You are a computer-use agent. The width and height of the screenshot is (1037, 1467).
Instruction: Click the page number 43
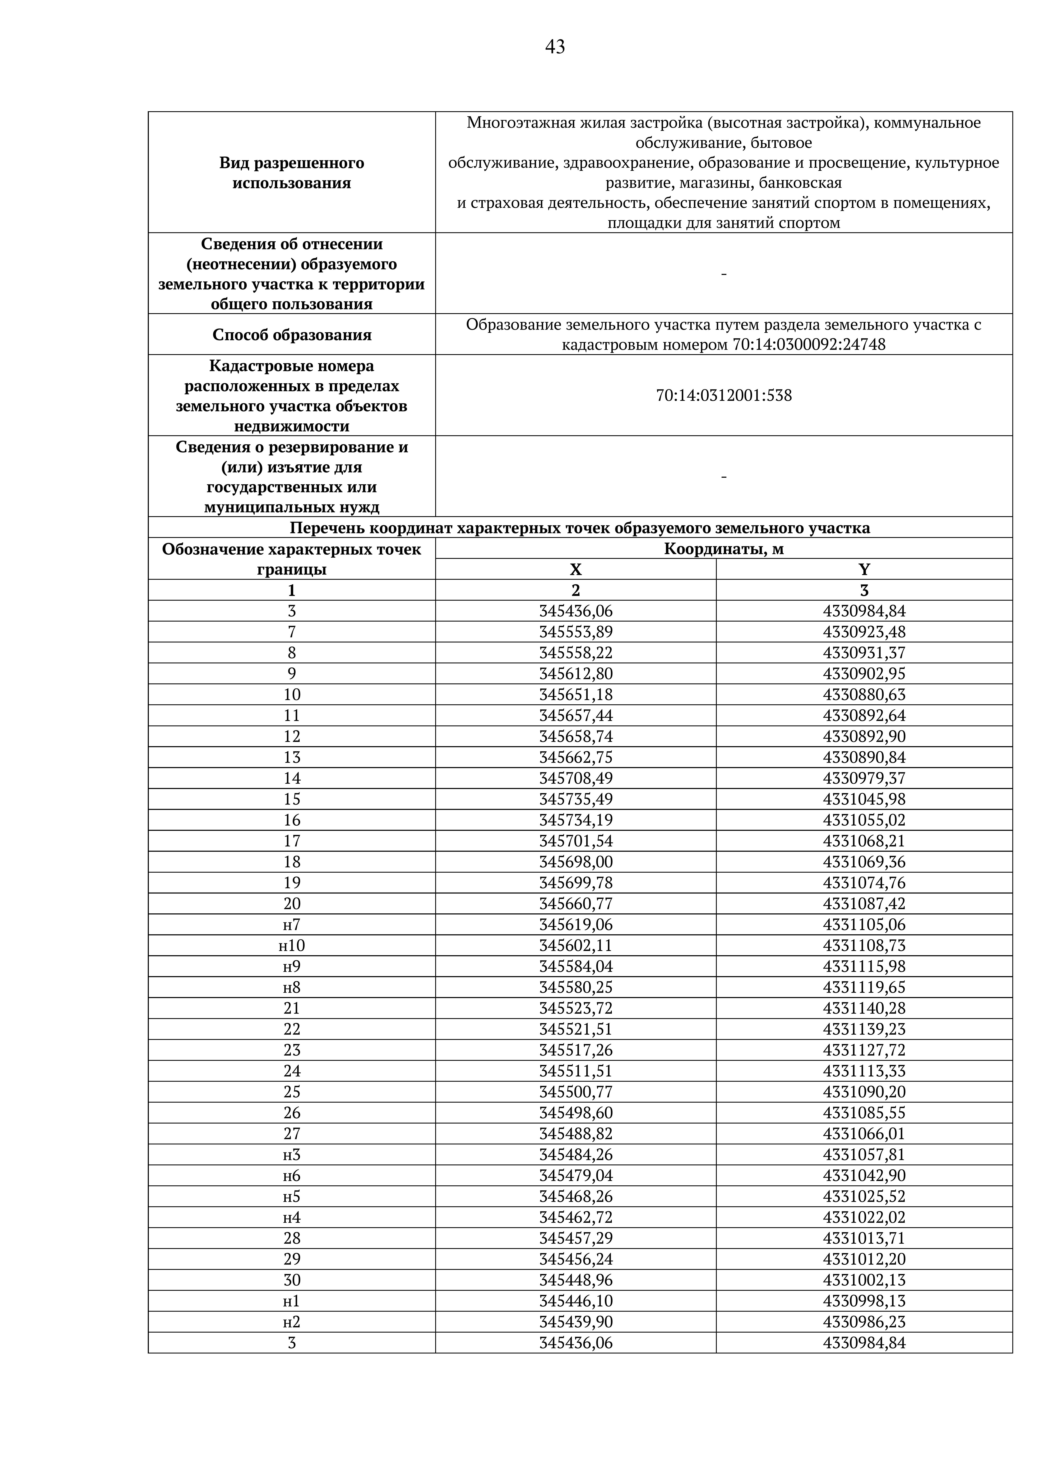pyautogui.click(x=555, y=47)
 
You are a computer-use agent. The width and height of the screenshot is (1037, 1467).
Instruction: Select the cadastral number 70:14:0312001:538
pyautogui.click(x=723, y=396)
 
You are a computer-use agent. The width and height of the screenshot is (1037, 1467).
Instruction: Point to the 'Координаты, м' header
pyautogui.click(x=723, y=548)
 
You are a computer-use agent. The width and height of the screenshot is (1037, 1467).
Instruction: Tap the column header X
pyautogui.click(x=576, y=569)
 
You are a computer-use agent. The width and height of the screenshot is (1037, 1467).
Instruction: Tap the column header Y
pyautogui.click(x=864, y=569)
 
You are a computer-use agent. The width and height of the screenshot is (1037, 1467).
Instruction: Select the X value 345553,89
pyautogui.click(x=576, y=632)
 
